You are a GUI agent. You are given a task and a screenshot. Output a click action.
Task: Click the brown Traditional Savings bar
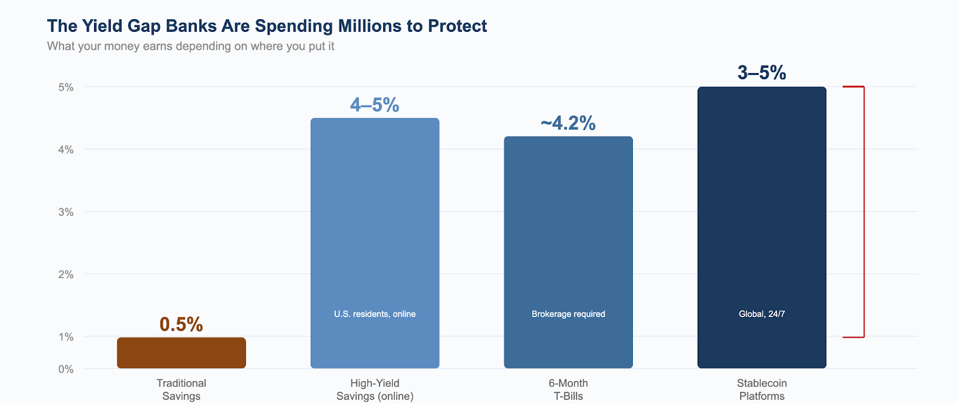coord(181,353)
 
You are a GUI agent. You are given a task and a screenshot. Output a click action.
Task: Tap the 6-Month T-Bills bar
coord(568,252)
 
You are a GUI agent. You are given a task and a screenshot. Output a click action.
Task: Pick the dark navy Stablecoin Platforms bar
coord(762,228)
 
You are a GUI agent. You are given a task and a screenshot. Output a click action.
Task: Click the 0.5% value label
coord(181,324)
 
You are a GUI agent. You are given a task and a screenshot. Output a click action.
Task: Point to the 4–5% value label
coord(375,105)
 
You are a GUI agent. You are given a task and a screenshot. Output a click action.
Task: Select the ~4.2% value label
coord(568,123)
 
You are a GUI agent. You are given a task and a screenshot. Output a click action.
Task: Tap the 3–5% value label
coord(762,73)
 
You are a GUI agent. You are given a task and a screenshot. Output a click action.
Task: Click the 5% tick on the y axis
coord(66,88)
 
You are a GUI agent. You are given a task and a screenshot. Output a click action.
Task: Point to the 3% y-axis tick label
coord(66,212)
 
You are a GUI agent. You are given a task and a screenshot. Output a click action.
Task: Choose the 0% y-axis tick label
coord(66,369)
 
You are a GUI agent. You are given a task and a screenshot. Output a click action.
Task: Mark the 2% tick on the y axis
coord(66,275)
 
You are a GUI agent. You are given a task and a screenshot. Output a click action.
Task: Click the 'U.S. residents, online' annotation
coord(375,314)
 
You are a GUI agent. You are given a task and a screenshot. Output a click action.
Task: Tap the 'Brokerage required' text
coord(568,314)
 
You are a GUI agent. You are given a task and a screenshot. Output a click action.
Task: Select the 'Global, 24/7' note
coord(762,314)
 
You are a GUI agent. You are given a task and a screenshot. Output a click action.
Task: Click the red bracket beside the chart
coord(863,212)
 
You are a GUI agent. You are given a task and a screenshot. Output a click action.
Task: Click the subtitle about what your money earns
coord(190,46)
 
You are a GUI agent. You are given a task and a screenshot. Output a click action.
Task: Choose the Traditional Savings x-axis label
coord(181,390)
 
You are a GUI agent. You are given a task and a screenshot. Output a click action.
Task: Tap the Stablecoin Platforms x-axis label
coord(762,390)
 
